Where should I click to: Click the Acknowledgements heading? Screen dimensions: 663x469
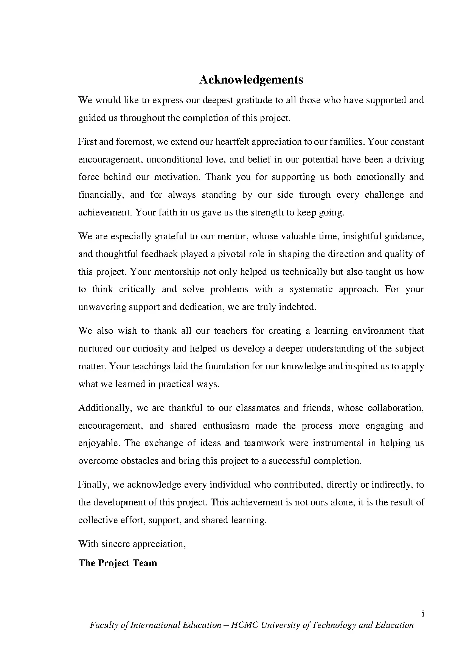point(251,80)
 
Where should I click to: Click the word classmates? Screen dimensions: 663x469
point(257,408)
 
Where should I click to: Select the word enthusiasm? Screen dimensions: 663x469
point(226,426)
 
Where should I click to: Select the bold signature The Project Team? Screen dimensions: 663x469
point(118,563)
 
